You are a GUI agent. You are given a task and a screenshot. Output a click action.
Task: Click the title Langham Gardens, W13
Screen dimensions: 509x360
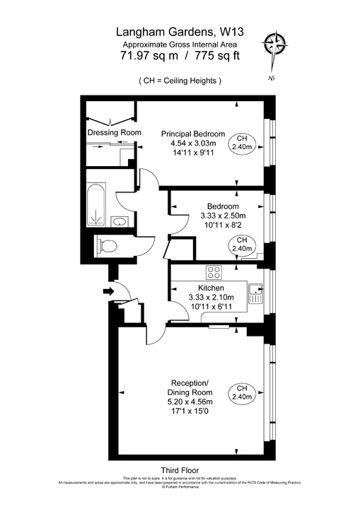click(x=180, y=32)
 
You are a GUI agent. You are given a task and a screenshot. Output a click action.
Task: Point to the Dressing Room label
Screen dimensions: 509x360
click(x=114, y=132)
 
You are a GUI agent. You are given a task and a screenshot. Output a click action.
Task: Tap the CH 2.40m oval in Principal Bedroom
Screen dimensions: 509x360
click(x=242, y=143)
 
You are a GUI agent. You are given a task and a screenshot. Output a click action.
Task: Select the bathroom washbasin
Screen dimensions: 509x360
click(x=120, y=221)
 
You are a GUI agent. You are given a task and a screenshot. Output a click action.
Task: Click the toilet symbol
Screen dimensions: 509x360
click(x=108, y=245)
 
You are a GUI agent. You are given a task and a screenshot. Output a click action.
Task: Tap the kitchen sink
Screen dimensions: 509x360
click(x=255, y=293)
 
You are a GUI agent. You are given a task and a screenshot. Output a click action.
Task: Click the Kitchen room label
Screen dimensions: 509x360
click(x=211, y=288)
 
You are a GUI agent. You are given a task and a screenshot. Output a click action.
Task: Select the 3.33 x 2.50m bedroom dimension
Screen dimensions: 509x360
click(x=222, y=216)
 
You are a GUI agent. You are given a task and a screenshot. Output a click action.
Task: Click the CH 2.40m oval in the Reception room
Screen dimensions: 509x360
click(x=242, y=392)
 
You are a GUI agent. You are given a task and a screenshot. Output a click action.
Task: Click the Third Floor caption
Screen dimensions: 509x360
click(x=180, y=470)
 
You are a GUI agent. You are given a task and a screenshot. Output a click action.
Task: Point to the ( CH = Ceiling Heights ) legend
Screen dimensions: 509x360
click(x=180, y=81)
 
